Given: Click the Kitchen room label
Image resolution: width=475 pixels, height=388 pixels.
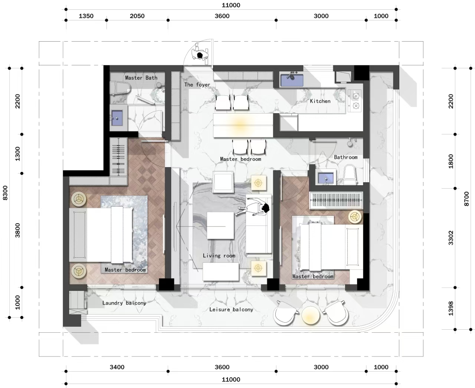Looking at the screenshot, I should (320, 101).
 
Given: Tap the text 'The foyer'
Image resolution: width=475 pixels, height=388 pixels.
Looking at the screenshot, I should (197, 85).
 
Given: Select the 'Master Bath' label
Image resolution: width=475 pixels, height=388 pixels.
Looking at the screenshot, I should (141, 78).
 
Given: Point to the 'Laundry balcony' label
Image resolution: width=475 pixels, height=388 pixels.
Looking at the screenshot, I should (124, 303).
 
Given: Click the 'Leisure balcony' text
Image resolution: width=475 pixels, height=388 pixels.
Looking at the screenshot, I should (231, 309).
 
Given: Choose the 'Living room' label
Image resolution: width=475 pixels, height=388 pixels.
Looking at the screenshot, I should (219, 255).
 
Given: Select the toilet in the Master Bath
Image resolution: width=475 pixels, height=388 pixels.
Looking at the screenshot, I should (120, 88).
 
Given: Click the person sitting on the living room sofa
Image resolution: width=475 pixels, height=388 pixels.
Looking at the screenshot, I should (258, 209).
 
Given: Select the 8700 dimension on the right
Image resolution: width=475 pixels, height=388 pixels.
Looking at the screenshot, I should (466, 199).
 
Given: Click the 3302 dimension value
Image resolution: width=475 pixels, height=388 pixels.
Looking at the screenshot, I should (451, 238).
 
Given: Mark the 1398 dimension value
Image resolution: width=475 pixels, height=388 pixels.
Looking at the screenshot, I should (451, 308).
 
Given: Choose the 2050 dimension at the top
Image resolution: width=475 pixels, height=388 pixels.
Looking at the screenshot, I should (137, 16).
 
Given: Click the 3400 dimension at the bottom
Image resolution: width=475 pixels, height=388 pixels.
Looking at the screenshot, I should (117, 367).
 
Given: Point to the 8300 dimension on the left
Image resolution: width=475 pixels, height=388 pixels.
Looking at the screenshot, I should (5, 193).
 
